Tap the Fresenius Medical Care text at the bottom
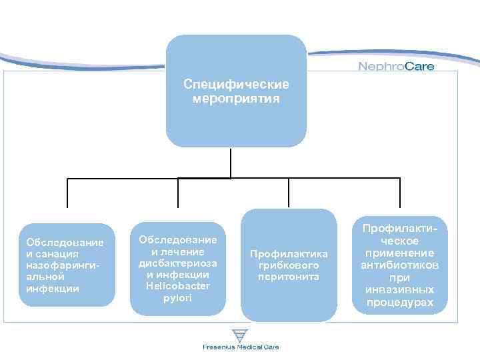pos(241,347)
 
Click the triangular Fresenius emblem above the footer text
pos(240,335)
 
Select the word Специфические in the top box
pos(236,85)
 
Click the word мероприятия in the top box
pos(236,99)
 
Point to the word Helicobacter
pos(177,286)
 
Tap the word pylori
pos(177,298)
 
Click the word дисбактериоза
pos(177,263)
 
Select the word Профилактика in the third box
pos(289,253)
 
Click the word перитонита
pos(289,276)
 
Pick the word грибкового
pos(289,265)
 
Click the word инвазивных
pos(400,290)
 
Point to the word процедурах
pos(400,303)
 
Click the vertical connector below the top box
pos(231,162)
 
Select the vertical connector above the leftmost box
pos(67,193)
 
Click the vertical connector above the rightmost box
pos(400,193)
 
